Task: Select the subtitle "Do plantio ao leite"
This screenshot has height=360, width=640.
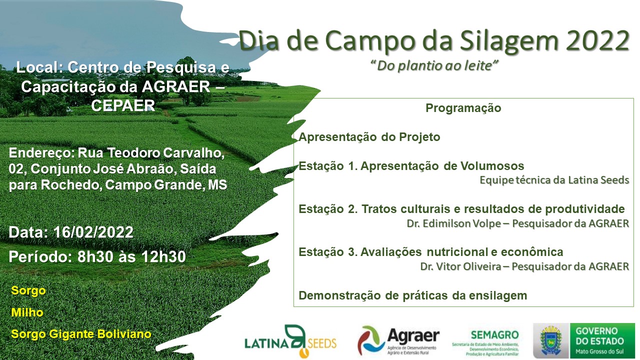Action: [434, 65]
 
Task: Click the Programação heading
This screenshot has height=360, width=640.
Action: [463, 108]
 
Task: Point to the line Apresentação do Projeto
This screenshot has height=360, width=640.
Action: [369, 137]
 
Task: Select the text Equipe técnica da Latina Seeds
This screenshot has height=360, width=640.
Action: [554, 180]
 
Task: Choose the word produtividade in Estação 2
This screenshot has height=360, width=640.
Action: [585, 209]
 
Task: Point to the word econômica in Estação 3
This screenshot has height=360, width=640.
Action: [532, 252]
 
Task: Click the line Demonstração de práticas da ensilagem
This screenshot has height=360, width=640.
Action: [413, 295]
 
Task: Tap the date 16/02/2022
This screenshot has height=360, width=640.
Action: [93, 232]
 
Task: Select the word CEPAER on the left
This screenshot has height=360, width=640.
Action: [123, 105]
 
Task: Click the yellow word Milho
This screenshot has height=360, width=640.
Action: [27, 312]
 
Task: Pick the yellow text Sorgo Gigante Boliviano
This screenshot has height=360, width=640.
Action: [81, 334]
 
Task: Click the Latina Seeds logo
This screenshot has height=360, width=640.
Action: [290, 341]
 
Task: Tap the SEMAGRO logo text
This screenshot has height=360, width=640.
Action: [494, 335]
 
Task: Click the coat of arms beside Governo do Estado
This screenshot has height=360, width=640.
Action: [551, 340]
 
